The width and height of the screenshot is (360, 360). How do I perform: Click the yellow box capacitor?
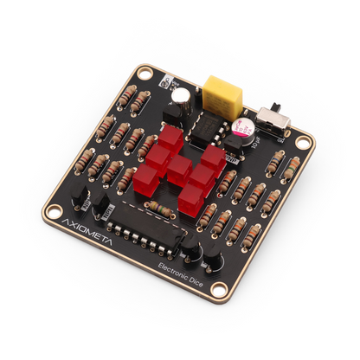coord(222,90)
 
